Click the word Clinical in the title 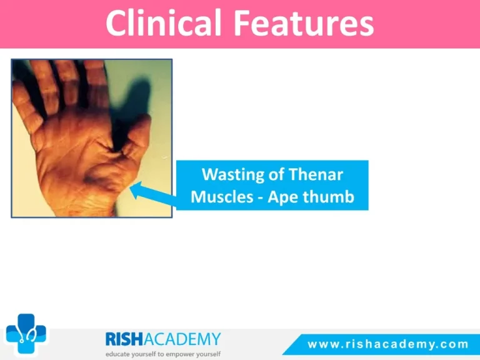point(164,23)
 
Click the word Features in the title point(304,23)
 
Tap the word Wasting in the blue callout point(232,175)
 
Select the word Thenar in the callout point(316,174)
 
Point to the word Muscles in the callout point(222,196)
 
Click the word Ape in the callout point(283,197)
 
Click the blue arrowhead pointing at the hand point(137,189)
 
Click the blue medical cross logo point(26,334)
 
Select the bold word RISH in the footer point(124,339)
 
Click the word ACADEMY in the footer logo point(182,339)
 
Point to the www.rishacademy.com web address point(388,344)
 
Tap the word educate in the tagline point(117,354)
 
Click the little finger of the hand point(26,107)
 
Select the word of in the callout point(276,174)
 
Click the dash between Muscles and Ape point(260,198)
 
